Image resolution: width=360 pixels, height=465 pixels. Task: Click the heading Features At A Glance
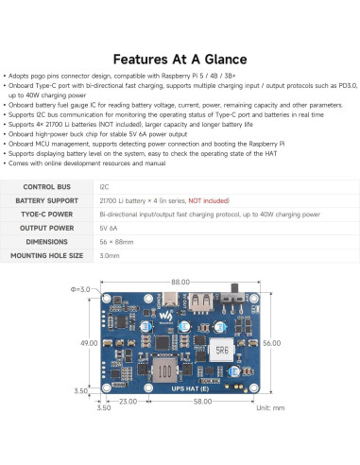point(180,59)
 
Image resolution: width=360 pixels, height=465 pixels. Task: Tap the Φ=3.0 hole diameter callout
point(83,287)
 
